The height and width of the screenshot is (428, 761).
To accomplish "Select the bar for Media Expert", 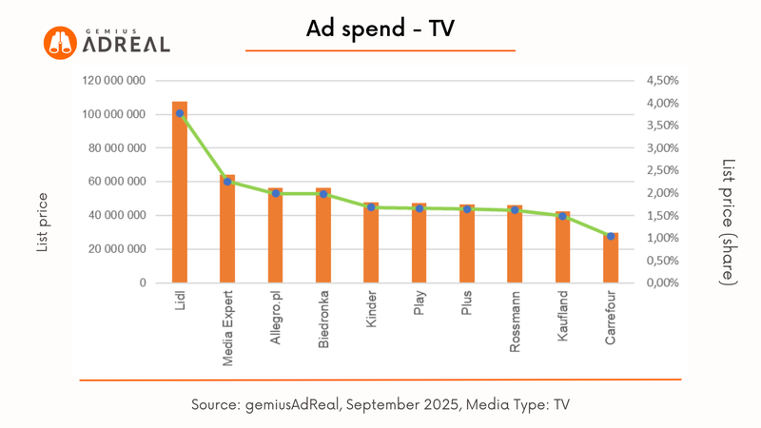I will (x=227, y=229).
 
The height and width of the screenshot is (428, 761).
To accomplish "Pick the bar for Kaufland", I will (x=563, y=247).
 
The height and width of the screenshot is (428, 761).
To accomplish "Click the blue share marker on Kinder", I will (x=371, y=207).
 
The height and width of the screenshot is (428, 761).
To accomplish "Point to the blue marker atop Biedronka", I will (x=323, y=194).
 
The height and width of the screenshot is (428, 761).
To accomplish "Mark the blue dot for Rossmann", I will (x=515, y=210).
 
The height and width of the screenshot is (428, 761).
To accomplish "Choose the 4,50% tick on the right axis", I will (x=663, y=81).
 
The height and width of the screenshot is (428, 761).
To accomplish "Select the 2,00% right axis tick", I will (x=663, y=193).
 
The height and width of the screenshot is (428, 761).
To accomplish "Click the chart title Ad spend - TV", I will (x=380, y=29).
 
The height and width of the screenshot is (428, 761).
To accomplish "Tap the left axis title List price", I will (x=43, y=222).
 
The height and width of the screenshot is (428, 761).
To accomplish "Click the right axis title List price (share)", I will (x=729, y=222).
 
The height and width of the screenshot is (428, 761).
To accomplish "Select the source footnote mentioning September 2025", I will (x=380, y=405).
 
